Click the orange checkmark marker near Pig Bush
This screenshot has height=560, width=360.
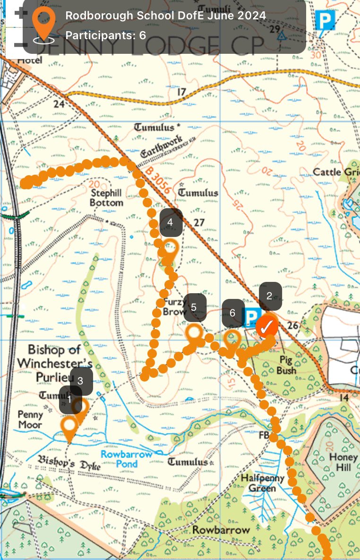(266, 326)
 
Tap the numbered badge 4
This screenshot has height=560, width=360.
(171, 221)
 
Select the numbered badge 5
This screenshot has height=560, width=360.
(194, 307)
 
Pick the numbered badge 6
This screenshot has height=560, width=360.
(233, 313)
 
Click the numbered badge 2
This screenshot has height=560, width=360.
(270, 296)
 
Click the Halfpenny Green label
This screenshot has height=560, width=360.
(263, 483)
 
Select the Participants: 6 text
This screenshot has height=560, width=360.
(105, 35)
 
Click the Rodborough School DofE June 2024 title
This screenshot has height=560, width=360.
(165, 15)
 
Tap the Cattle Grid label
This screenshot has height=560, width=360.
(336, 171)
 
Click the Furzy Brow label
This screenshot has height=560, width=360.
(171, 307)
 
